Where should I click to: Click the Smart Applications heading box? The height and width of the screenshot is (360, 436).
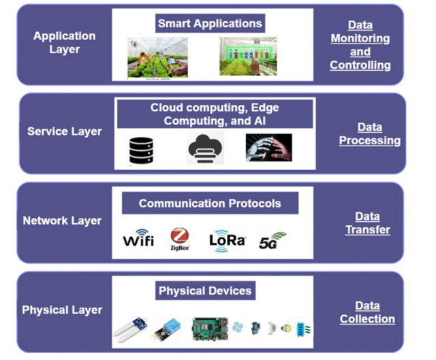pos(210,24)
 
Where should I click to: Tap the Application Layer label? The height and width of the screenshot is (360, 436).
pos(65,42)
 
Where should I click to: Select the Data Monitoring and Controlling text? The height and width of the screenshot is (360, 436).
pos(360,46)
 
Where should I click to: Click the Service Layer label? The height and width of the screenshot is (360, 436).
pos(64,131)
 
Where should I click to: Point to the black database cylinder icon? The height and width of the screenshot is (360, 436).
pos(141,150)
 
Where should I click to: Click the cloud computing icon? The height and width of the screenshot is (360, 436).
pos(205,148)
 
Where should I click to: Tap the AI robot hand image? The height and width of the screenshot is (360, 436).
pos(268,148)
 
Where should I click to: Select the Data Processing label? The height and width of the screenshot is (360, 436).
pos(369,133)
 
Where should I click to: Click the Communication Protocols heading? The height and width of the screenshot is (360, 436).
pos(210,203)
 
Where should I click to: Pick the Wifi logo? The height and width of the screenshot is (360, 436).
pos(138,240)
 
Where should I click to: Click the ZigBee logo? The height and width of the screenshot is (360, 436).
pos(180,240)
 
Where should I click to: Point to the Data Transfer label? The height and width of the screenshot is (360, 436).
pos(367,223)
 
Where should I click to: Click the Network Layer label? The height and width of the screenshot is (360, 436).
pos(62,220)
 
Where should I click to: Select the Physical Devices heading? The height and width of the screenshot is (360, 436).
pos(205,291)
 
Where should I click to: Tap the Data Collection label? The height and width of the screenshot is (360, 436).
pos(367,312)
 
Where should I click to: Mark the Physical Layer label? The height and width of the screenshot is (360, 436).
pos(62,310)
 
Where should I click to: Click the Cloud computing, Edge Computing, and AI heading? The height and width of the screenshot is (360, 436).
pos(215,114)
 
